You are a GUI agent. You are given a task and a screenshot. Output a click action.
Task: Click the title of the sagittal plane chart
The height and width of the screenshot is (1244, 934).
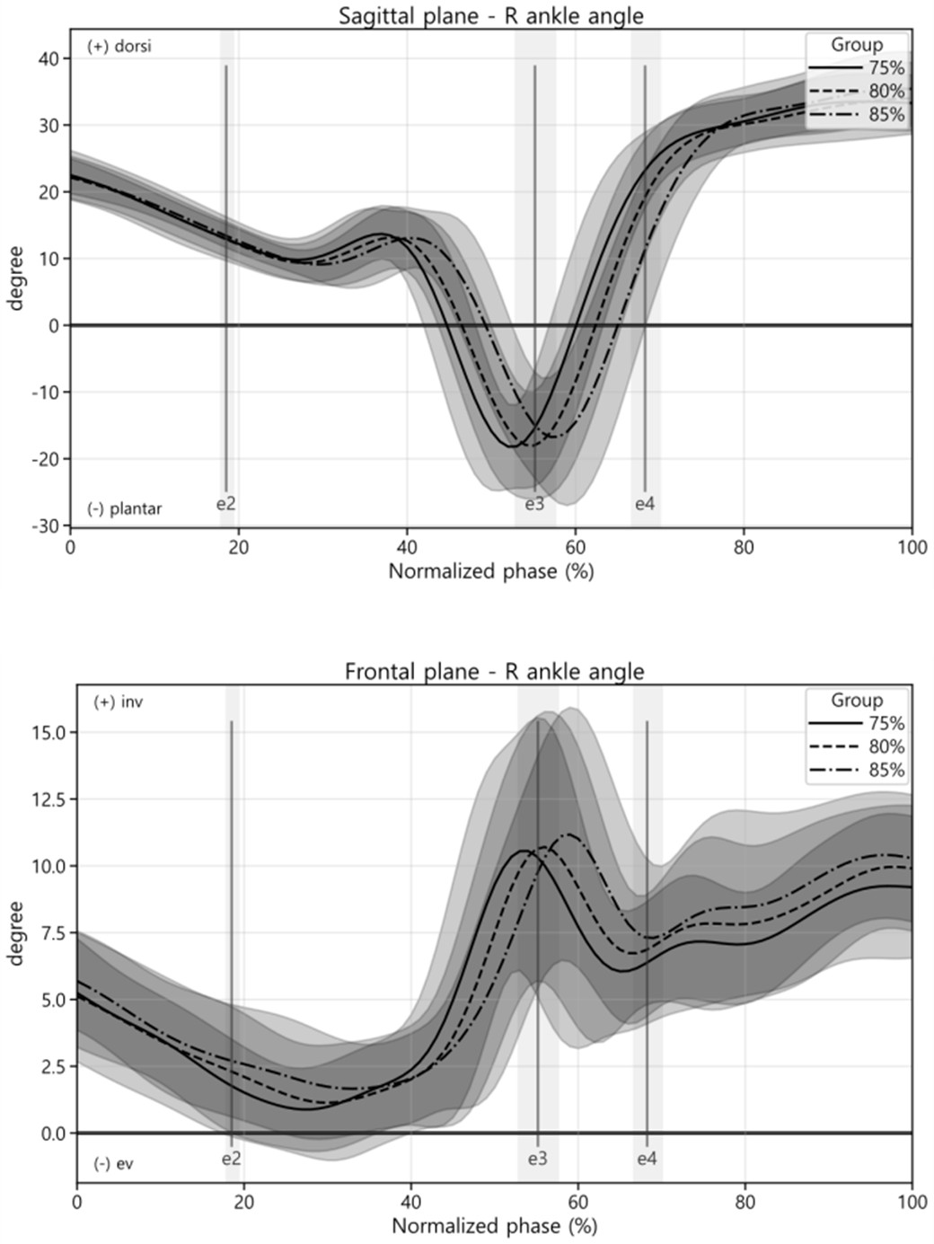click(490, 15)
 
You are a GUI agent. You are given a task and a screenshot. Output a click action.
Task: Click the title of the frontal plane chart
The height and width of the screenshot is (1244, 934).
click(494, 671)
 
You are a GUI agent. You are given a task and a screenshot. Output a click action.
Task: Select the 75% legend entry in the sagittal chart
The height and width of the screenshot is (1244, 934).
click(886, 68)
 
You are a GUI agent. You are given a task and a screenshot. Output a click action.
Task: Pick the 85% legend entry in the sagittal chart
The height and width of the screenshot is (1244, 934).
click(886, 115)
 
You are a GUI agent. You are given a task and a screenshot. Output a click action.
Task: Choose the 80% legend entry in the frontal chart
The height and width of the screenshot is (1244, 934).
click(886, 746)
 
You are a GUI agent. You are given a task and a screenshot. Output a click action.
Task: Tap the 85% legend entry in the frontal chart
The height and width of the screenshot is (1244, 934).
click(886, 770)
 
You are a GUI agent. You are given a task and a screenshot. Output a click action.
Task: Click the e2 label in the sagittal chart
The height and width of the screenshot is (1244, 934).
click(226, 504)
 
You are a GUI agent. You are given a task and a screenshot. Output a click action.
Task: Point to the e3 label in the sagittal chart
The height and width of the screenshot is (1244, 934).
click(534, 504)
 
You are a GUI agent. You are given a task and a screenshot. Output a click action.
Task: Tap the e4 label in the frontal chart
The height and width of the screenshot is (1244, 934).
click(647, 1159)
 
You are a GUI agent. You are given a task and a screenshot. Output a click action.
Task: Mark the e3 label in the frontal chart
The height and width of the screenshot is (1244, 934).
click(537, 1159)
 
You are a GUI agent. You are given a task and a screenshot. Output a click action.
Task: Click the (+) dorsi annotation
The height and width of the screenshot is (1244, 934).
click(119, 47)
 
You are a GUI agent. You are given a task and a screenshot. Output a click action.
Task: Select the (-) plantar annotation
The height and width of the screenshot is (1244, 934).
click(125, 508)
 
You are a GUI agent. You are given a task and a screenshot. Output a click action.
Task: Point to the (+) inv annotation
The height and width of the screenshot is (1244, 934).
click(118, 702)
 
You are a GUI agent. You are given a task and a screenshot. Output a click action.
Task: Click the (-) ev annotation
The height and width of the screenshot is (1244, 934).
click(113, 1164)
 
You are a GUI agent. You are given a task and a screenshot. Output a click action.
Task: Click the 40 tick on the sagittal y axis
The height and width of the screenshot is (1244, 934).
click(49, 58)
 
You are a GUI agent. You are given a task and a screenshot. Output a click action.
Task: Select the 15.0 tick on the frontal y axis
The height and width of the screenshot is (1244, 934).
click(43, 732)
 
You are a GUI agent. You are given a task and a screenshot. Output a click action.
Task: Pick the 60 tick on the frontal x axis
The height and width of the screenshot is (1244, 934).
click(578, 1202)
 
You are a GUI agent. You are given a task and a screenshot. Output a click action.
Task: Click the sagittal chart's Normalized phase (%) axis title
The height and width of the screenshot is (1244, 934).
click(490, 571)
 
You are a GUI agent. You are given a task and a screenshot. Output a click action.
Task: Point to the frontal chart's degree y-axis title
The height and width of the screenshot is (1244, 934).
click(15, 933)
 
